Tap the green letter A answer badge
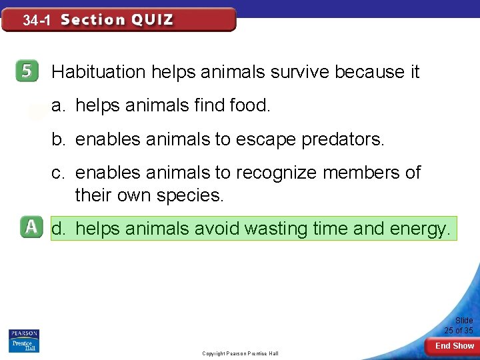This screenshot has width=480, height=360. [x=30, y=228]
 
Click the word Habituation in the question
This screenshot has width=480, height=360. [x=99, y=72]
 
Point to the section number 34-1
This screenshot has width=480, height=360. [x=36, y=21]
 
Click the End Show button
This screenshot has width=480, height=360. [x=454, y=346]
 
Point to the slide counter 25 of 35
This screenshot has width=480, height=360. [x=459, y=326]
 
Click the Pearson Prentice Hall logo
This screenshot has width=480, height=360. [x=23, y=341]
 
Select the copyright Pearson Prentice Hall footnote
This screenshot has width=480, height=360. [x=240, y=353]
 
